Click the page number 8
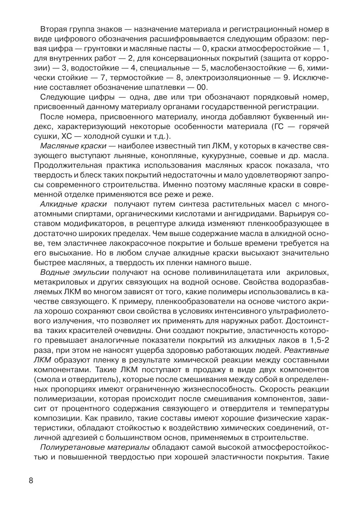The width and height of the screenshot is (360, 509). tap(31, 481)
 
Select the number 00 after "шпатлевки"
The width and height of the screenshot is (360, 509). tap(202, 87)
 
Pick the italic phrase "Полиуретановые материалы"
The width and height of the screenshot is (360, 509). tap(95, 447)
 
